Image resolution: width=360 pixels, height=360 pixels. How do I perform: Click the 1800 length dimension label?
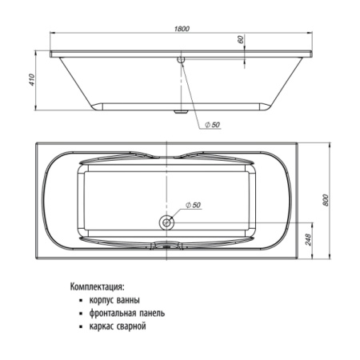point(182,29)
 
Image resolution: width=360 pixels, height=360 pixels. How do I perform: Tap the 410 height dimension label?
point(32,80)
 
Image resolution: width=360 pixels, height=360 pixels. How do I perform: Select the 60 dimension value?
point(240,39)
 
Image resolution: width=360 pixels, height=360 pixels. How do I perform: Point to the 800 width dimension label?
point(326,200)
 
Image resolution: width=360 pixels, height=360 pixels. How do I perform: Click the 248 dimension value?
point(308,239)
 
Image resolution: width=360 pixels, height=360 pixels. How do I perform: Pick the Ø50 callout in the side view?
point(212,125)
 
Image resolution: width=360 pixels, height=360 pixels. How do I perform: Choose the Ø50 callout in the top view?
point(193,205)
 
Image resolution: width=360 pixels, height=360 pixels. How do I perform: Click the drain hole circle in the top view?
point(166,222)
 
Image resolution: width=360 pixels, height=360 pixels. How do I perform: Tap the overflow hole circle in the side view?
point(181,59)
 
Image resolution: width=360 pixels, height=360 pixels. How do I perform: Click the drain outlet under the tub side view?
point(181,112)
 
